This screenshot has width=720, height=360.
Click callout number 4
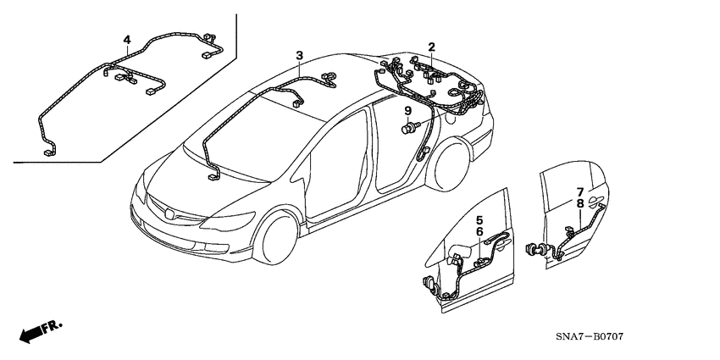pyautogui.click(x=127, y=40)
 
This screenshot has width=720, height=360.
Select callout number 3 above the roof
pyautogui.click(x=299, y=56)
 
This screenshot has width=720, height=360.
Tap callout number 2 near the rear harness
pyautogui.click(x=431, y=47)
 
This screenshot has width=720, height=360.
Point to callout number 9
pyautogui.click(x=407, y=111)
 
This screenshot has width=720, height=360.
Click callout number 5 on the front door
pyautogui.click(x=479, y=219)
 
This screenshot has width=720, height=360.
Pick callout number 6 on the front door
pyautogui.click(x=479, y=231)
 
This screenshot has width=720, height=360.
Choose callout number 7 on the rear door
pyautogui.click(x=579, y=191)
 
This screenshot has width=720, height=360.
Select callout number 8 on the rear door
pyautogui.click(x=579, y=203)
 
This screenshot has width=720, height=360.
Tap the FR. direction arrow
pyautogui.click(x=38, y=331)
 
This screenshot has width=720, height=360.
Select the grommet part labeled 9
pyautogui.click(x=410, y=127)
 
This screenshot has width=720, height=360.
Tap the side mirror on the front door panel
pyautogui.click(x=462, y=252)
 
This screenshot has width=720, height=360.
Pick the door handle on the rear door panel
pyautogui.click(x=597, y=204)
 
